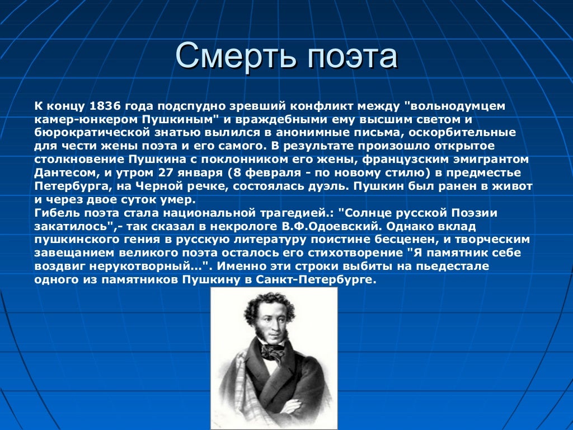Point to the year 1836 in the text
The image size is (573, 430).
tap(105, 106)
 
